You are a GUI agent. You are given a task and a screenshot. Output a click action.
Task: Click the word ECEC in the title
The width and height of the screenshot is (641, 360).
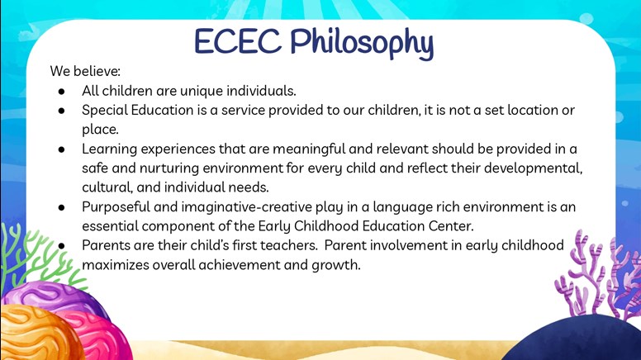click(x=238, y=41)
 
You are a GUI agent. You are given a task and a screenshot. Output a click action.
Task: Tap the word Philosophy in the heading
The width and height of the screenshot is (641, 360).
click(x=362, y=44)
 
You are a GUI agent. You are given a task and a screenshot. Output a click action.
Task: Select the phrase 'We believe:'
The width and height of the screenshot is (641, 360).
click(x=85, y=71)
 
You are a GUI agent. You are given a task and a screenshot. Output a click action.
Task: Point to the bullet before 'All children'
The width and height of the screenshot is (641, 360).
click(x=61, y=92)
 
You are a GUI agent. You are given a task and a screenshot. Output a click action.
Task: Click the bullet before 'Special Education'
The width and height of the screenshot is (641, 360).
click(x=61, y=111)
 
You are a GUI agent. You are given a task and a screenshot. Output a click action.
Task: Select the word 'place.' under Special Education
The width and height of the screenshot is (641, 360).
click(x=100, y=130)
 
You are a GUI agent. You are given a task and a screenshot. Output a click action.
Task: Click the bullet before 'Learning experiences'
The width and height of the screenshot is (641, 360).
click(x=61, y=149)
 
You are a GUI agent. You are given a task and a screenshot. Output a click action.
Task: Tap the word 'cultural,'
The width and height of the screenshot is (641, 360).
click(x=107, y=187)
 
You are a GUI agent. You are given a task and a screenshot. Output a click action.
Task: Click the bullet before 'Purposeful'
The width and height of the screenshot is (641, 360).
click(x=61, y=207)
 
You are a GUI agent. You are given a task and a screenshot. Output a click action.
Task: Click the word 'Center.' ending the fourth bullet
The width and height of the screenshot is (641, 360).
click(x=451, y=226)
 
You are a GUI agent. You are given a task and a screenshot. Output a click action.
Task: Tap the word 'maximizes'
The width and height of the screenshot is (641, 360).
click(x=116, y=265)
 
